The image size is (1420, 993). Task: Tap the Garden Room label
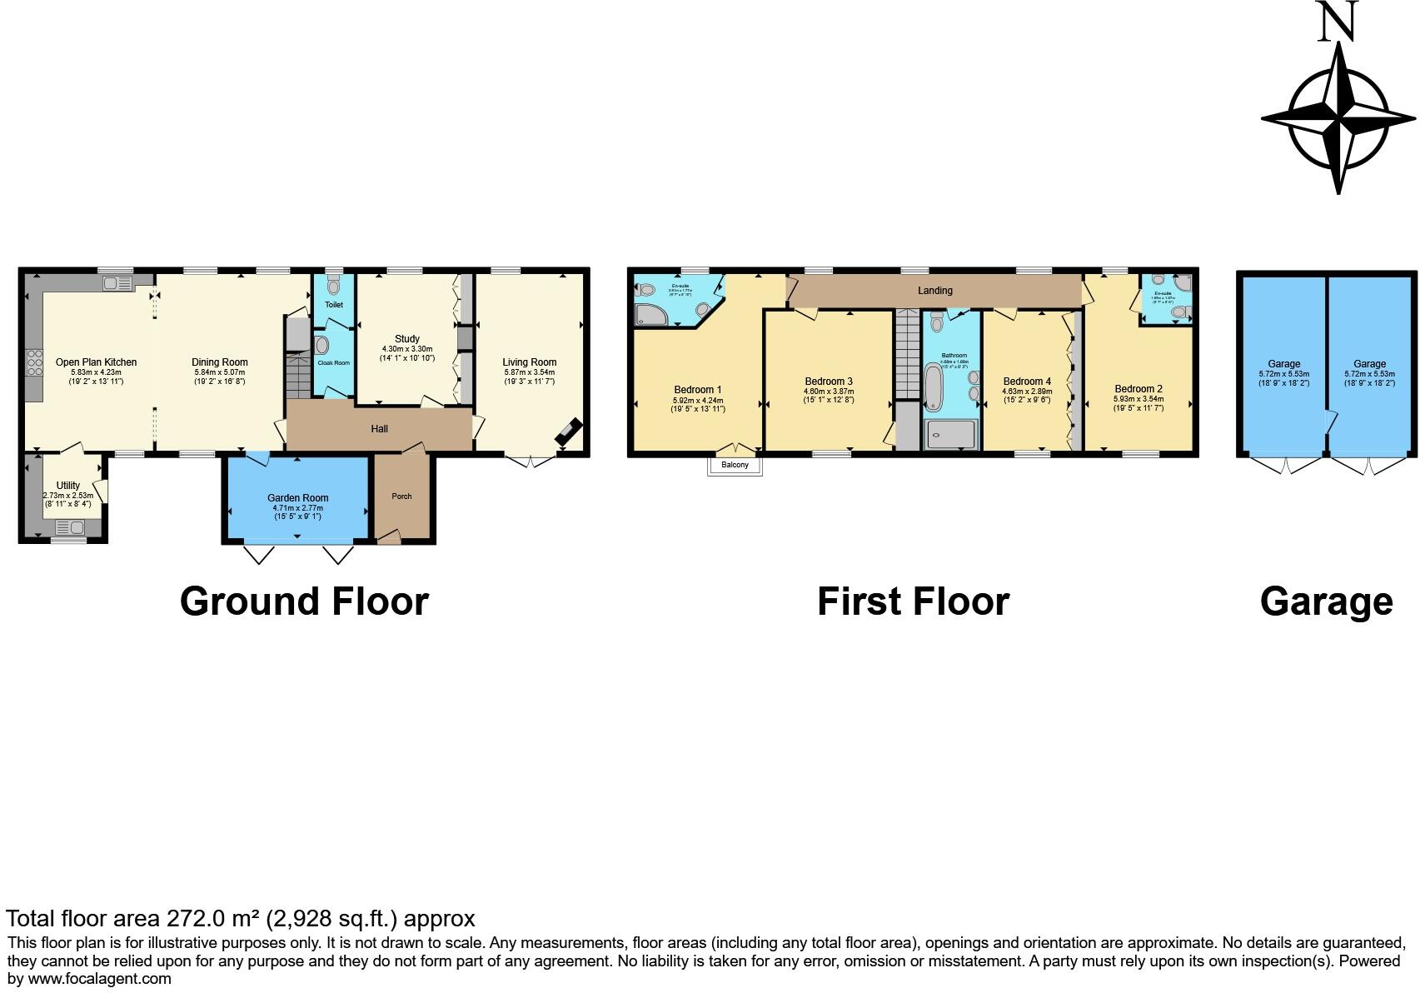297,498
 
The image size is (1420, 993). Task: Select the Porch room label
401,496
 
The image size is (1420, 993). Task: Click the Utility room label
68,486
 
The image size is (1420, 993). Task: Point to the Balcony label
735,465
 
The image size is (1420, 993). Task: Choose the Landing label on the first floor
934,291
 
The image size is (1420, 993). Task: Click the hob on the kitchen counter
35,364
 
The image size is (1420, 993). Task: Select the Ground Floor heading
304,601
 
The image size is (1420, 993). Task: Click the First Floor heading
913,601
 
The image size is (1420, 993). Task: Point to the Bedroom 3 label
828,382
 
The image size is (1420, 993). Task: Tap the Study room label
406,339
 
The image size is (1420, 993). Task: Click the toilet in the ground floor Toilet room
334,287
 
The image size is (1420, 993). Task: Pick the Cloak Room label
333,363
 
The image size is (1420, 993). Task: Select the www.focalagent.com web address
100,979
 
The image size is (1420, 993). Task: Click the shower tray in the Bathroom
949,434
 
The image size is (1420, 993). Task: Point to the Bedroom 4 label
1027,382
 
